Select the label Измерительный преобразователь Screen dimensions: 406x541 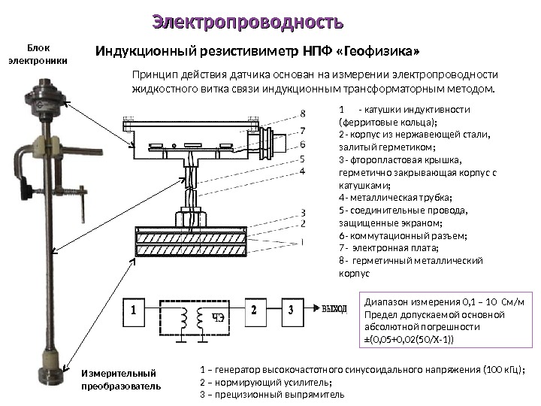pyautogui.click(x=120, y=380)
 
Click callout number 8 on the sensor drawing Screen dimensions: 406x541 pyautogui.click(x=303, y=114)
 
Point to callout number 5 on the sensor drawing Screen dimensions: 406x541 pyautogui.click(x=303, y=159)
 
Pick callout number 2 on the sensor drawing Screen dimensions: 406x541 pyautogui.click(x=303, y=223)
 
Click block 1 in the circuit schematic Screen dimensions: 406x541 pyautogui.click(x=134, y=309)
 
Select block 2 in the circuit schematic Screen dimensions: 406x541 pyautogui.click(x=255, y=309)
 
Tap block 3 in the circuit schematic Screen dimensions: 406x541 pyautogui.click(x=292, y=309)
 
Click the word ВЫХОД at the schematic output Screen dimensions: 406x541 pyautogui.click(x=334, y=309)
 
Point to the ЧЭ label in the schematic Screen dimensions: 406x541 pyautogui.click(x=217, y=317)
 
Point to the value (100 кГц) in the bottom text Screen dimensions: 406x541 pyautogui.click(x=497, y=370)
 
